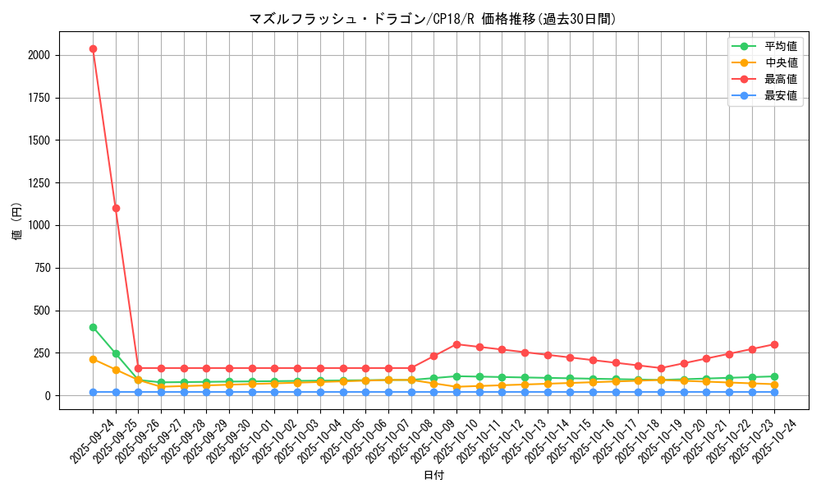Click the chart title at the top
coord(433,19)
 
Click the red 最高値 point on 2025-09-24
coord(93,48)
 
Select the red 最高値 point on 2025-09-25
coord(116,208)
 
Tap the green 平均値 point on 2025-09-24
coord(93,327)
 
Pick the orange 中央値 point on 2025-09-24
coord(93,359)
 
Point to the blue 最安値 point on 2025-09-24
coord(93,392)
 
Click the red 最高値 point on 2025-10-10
coord(456,344)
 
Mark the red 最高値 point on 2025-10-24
coord(774,344)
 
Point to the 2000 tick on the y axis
coord(39,55)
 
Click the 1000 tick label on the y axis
coord(39,225)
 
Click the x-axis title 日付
coord(433,476)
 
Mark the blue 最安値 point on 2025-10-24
coord(774,392)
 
